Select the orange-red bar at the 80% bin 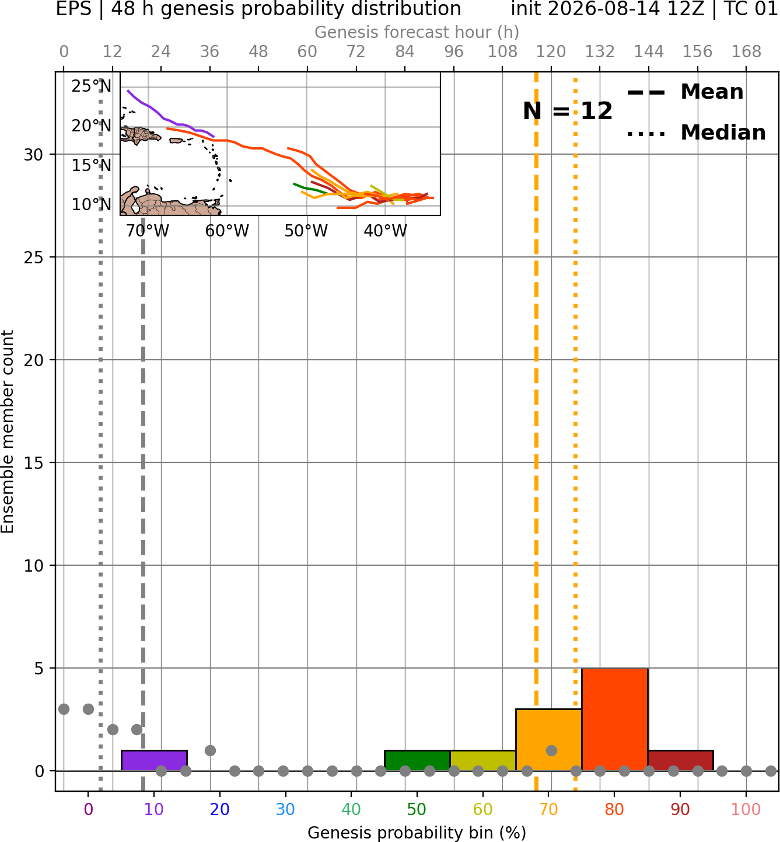click(x=614, y=719)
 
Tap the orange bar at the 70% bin click(x=548, y=740)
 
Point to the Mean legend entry click(x=685, y=92)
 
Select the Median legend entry click(x=696, y=133)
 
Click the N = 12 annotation click(x=567, y=111)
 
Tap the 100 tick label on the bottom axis click(x=746, y=809)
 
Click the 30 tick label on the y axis click(x=34, y=155)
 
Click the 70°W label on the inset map click(x=148, y=231)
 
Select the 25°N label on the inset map click(x=92, y=86)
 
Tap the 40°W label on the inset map click(x=385, y=231)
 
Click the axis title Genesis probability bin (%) click(x=417, y=833)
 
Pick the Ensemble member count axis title click(x=8, y=432)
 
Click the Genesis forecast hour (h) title click(x=417, y=32)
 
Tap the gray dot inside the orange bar click(x=551, y=750)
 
